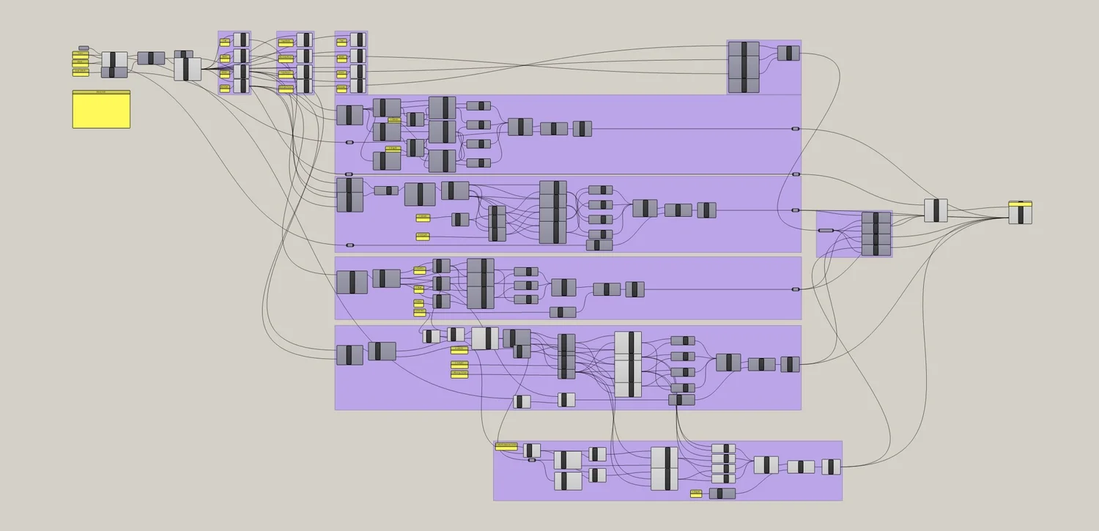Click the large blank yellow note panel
(101, 110)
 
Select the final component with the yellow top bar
(1020, 212)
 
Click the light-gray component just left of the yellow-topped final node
(936, 210)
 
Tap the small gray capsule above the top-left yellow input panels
(84, 48)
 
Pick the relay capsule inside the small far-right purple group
(826, 230)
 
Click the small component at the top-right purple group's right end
(788, 53)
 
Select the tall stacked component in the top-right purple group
(744, 67)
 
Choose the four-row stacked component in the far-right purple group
(876, 234)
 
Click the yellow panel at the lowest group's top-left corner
(506, 446)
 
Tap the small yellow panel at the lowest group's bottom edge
(696, 494)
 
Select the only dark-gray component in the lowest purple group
(722, 494)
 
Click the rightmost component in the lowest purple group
(831, 467)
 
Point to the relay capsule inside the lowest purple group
(532, 460)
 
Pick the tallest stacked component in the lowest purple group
(665, 468)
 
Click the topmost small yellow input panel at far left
(81, 53)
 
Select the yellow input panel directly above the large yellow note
(81, 73)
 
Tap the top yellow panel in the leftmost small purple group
(225, 42)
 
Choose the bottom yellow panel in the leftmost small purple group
(225, 88)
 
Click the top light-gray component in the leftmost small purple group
(241, 40)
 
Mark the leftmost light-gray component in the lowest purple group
(533, 450)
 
